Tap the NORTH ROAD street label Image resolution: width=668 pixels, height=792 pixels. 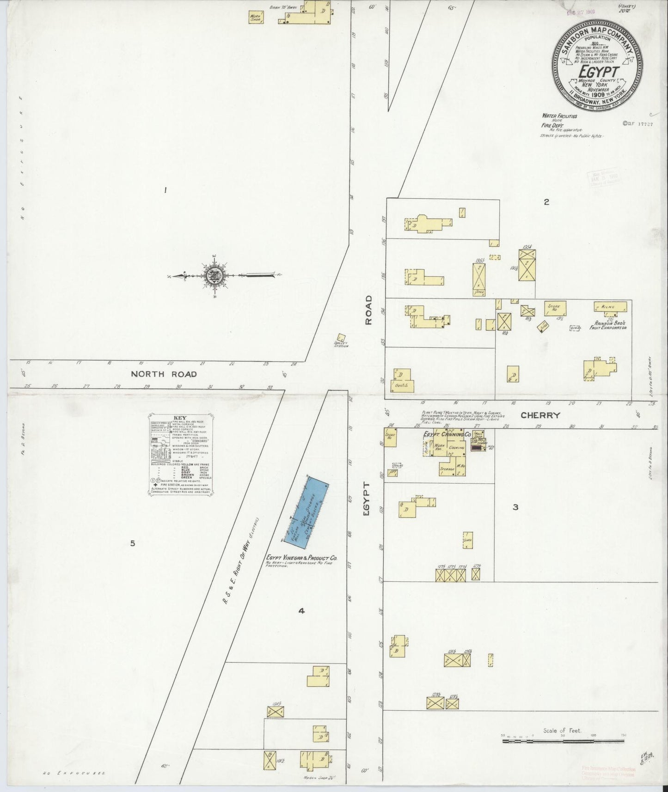click(x=164, y=374)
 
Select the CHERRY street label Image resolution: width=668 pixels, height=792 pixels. click(x=540, y=415)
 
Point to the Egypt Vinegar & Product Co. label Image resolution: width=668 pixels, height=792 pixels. click(x=301, y=558)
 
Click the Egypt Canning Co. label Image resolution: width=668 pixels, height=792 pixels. click(x=447, y=434)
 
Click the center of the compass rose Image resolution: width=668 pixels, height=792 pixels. click(x=214, y=276)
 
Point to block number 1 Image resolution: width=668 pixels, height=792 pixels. click(x=165, y=190)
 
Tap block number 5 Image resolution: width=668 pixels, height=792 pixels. click(x=132, y=543)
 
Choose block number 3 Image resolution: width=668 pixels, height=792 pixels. click(x=515, y=507)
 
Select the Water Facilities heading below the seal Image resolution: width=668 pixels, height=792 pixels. click(x=559, y=116)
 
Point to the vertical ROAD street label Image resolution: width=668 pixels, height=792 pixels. click(x=368, y=310)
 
